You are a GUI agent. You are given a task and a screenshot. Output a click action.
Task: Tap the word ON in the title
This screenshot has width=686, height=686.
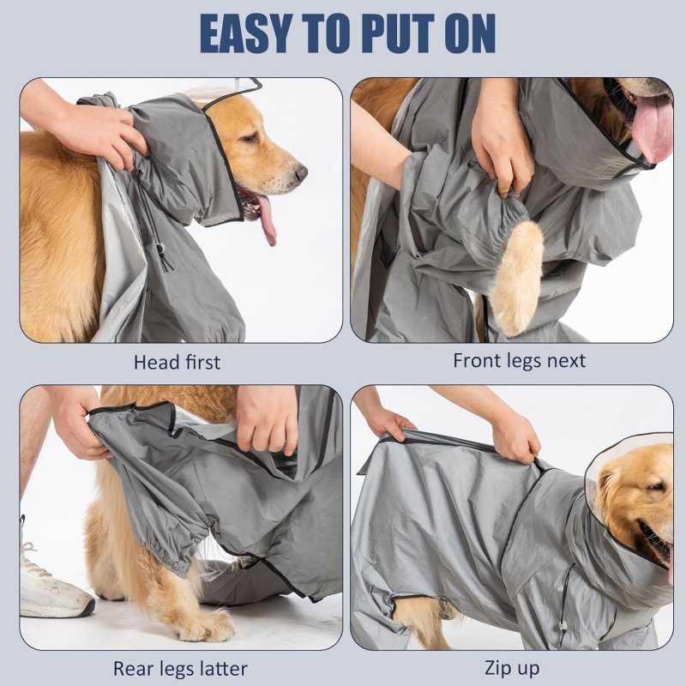[469, 33]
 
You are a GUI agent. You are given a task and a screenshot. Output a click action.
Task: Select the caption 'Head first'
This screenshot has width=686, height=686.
[177, 362]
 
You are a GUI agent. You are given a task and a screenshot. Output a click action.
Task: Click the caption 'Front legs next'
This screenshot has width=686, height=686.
[519, 360]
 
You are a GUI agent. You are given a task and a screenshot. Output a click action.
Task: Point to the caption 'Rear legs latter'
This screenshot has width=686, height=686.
[180, 669]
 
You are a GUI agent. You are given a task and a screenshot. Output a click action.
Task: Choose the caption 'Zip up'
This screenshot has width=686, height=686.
[512, 669]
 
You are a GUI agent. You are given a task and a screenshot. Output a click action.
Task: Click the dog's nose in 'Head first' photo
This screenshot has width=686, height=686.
[301, 172]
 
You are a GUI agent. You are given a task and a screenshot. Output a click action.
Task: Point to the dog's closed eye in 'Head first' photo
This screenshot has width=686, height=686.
[250, 138]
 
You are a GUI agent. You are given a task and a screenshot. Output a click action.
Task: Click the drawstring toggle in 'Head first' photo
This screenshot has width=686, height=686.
[160, 250]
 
